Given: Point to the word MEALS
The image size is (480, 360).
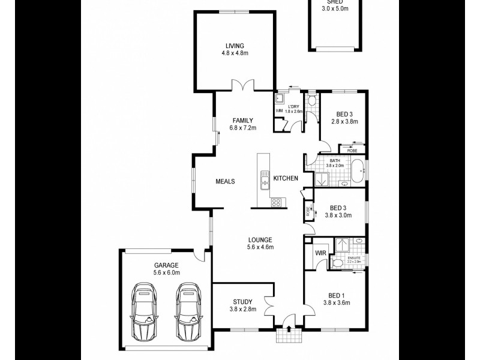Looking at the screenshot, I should tap(225, 181).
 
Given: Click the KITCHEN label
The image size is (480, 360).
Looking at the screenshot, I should tap(286, 179).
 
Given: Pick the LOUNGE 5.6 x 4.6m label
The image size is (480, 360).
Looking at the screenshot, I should tap(260, 243).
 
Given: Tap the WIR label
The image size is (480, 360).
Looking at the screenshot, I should tap(320, 253).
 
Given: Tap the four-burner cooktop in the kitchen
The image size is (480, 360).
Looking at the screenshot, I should tap(276, 202).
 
